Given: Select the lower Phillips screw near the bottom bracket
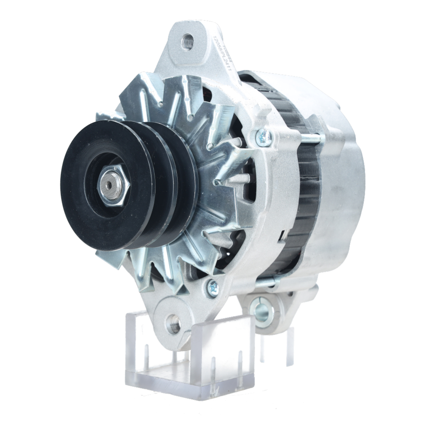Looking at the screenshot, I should pyautogui.click(x=213, y=288).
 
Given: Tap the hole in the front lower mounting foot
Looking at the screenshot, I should pyautogui.click(x=173, y=325).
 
